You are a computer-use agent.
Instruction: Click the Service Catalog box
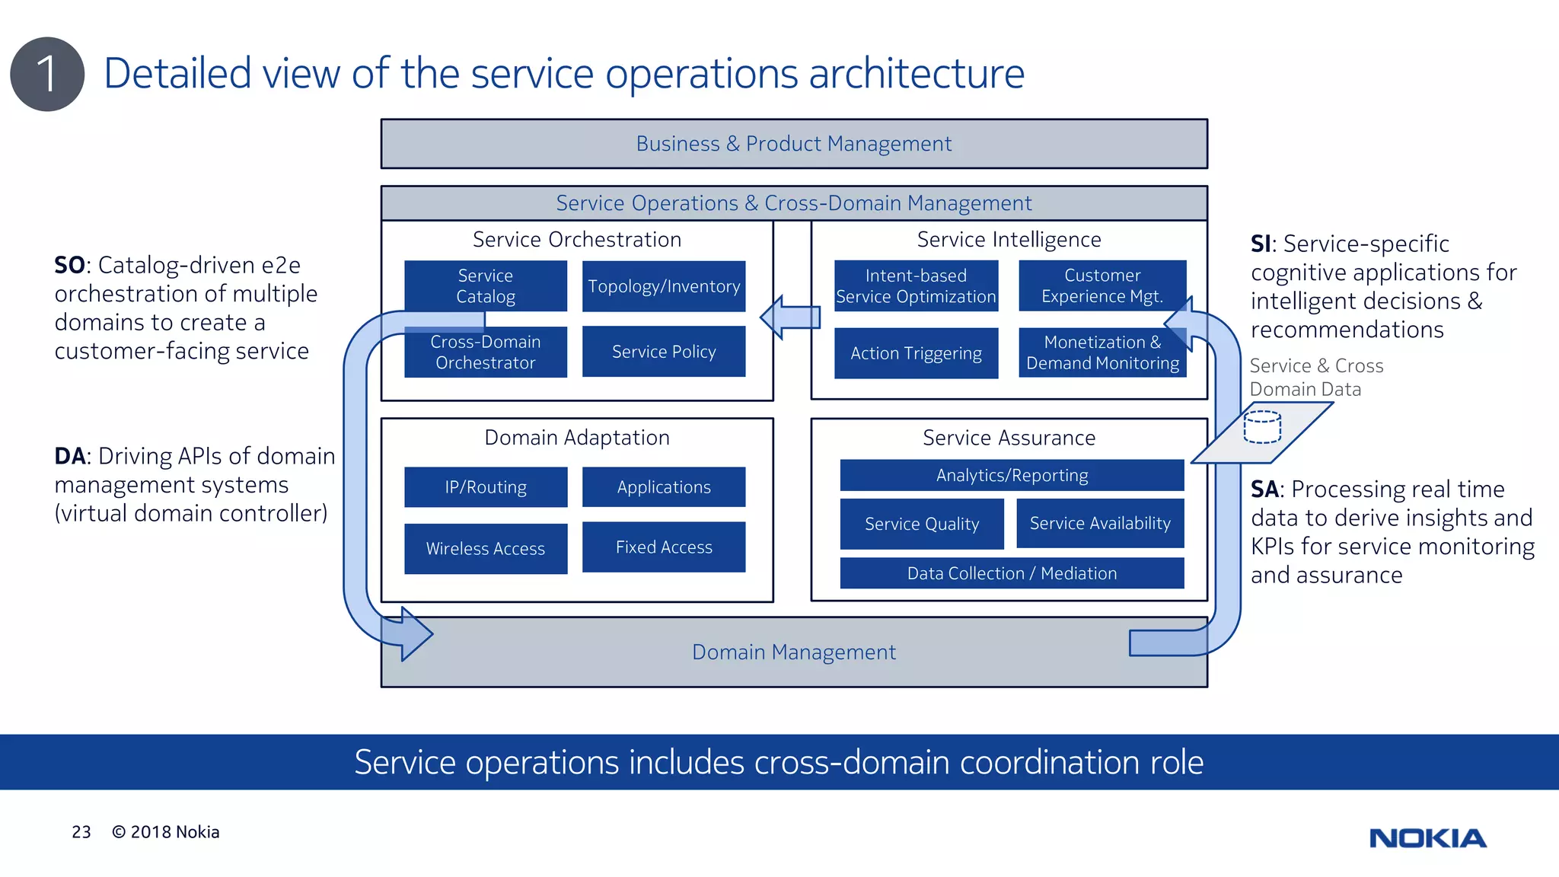point(486,285)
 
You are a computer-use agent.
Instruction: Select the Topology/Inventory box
point(664,286)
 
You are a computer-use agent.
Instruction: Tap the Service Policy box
point(664,352)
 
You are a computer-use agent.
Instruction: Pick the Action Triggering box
point(916,353)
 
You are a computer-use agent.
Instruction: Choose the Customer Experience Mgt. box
point(1102,285)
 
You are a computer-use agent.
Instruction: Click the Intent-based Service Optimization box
point(916,285)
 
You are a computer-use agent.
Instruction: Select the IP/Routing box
point(486,487)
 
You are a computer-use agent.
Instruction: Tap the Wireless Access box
point(486,548)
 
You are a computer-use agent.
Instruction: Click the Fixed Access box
point(664,547)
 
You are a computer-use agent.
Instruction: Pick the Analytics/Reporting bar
point(1012,475)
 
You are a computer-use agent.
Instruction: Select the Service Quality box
point(922,524)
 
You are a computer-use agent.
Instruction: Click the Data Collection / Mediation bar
point(1012,573)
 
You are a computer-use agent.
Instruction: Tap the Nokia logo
point(1427,838)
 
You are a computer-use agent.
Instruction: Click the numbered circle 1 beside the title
point(47,75)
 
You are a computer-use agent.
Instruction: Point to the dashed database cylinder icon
point(1262,427)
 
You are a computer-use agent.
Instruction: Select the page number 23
point(81,832)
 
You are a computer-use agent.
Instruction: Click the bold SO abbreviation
point(69,265)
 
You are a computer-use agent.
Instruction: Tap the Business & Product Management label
point(793,144)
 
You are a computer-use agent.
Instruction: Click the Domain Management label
point(793,652)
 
